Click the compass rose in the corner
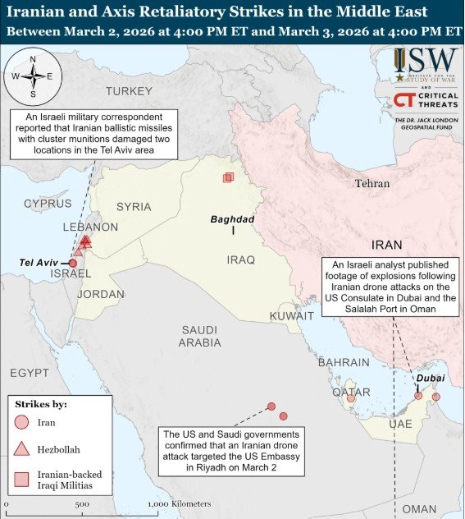tap(32, 76)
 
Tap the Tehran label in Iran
tap(372, 184)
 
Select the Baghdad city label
tap(233, 219)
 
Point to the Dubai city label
tap(430, 378)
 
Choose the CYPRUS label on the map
tap(48, 203)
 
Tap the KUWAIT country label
tap(292, 315)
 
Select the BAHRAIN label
tap(344, 362)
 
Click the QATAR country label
tap(351, 392)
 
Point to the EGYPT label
tap(30, 373)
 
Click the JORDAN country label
tap(101, 294)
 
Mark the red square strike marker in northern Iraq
tap(228, 177)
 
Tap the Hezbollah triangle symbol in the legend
tap(22, 448)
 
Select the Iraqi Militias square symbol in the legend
tap(22, 480)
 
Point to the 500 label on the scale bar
tap(82, 504)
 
